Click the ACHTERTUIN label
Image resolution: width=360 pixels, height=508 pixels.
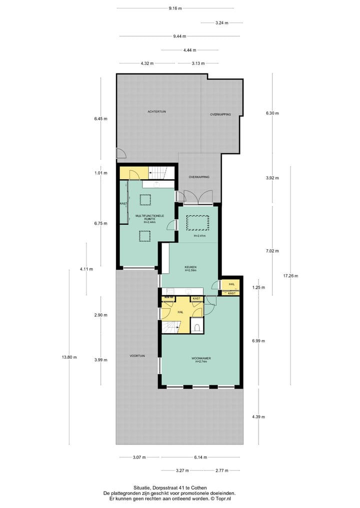point(156,111)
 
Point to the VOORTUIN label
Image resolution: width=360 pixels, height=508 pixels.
point(137,356)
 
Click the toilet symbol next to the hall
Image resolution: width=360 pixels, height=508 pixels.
point(197,328)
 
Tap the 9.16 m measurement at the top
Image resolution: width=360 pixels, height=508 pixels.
point(175,8)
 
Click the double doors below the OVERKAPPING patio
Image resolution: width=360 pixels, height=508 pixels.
point(198,197)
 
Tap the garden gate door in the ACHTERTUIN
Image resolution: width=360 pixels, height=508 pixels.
point(120,154)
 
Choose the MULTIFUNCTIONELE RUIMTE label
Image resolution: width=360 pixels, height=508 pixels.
point(146,218)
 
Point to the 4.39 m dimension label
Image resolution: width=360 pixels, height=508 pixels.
point(258,417)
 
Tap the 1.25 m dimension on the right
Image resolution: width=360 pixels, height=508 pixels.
point(258,287)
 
